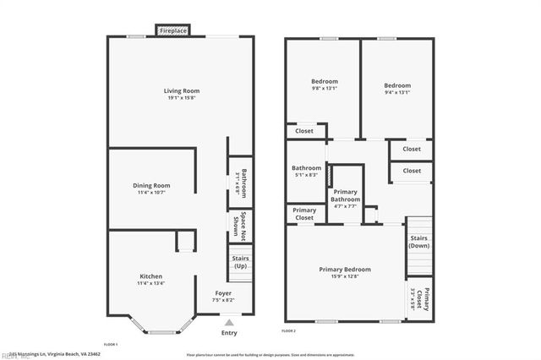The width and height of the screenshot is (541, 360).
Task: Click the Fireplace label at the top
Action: (174, 31)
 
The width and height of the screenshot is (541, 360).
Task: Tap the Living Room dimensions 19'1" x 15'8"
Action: (181, 98)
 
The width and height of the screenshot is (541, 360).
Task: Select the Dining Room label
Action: (151, 185)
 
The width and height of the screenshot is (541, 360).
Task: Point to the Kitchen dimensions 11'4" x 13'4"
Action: (151, 284)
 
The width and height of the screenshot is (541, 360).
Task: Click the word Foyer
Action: (223, 293)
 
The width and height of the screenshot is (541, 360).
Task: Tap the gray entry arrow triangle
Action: (229, 322)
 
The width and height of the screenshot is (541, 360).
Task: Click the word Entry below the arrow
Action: (229, 333)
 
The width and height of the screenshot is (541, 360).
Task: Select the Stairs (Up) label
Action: (240, 262)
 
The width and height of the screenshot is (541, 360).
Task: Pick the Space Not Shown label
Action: (243, 225)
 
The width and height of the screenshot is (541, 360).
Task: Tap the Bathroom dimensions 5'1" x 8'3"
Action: (306, 175)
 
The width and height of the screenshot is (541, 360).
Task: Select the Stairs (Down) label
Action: (419, 243)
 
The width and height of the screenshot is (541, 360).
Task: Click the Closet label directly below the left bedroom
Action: (304, 131)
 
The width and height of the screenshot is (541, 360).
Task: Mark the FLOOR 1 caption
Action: (110, 345)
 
